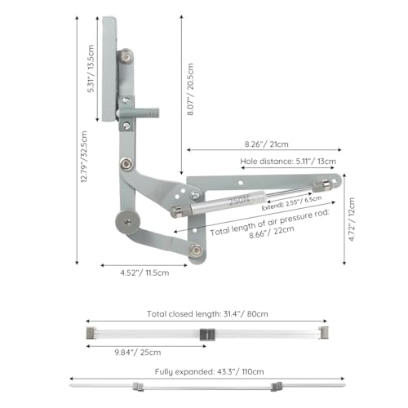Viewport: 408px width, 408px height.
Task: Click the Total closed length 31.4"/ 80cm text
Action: pos(207,313)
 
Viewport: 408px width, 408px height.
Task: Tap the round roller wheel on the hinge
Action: pos(127,221)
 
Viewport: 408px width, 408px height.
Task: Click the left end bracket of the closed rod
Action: pos(90,333)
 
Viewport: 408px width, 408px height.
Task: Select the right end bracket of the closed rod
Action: pos(324,333)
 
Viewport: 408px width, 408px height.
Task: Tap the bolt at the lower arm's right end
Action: pos(194,250)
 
